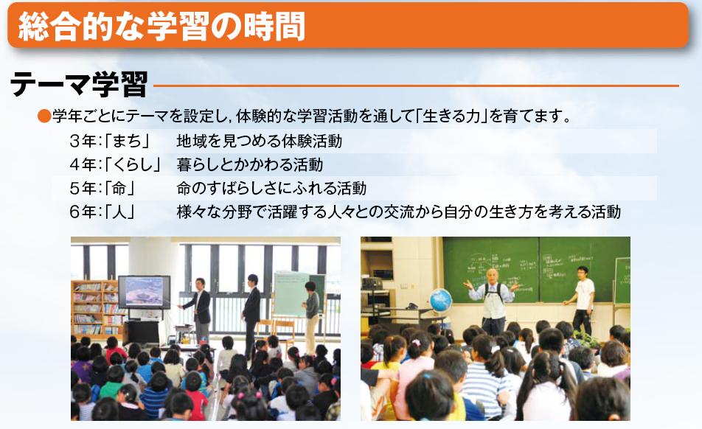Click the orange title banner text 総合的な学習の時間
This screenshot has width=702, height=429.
(161, 27)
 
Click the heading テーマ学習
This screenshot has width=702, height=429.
(79, 84)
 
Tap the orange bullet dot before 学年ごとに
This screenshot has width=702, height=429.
(44, 116)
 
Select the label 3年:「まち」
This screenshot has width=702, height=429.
(110, 142)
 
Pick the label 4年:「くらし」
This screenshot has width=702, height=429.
(115, 164)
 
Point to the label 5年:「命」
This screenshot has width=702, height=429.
(102, 188)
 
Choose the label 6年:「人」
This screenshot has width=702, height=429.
(102, 212)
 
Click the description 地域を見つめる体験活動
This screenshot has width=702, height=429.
(260, 142)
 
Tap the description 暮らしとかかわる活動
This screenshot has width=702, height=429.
(250, 164)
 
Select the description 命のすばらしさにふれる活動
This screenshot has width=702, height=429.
(271, 188)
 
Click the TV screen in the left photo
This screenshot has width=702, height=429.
(145, 292)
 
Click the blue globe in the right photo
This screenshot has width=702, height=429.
(440, 300)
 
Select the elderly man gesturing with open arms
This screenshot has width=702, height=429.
(493, 300)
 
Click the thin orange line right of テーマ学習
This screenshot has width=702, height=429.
(417, 86)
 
